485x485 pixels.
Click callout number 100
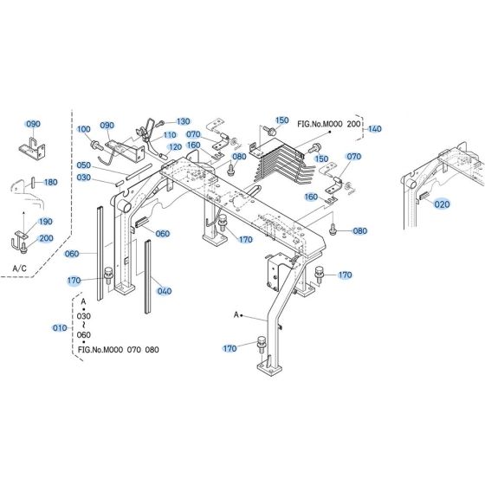(84, 129)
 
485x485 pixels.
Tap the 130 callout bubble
(183, 121)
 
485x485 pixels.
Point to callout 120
(175, 147)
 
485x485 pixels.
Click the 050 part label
(83, 165)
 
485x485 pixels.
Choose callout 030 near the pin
(83, 178)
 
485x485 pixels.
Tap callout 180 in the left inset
(50, 183)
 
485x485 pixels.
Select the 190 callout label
(45, 222)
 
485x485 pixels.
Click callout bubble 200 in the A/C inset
(45, 238)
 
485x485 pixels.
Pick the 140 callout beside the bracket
(374, 129)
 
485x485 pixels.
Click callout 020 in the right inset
(443, 204)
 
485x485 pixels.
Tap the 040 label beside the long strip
(165, 291)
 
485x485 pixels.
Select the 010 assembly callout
(59, 328)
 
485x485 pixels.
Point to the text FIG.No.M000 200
(328, 124)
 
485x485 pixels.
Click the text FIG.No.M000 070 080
(119, 350)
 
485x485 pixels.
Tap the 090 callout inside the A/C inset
(33, 124)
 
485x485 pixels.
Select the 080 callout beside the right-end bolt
(359, 231)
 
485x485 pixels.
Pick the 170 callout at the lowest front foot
(230, 349)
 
